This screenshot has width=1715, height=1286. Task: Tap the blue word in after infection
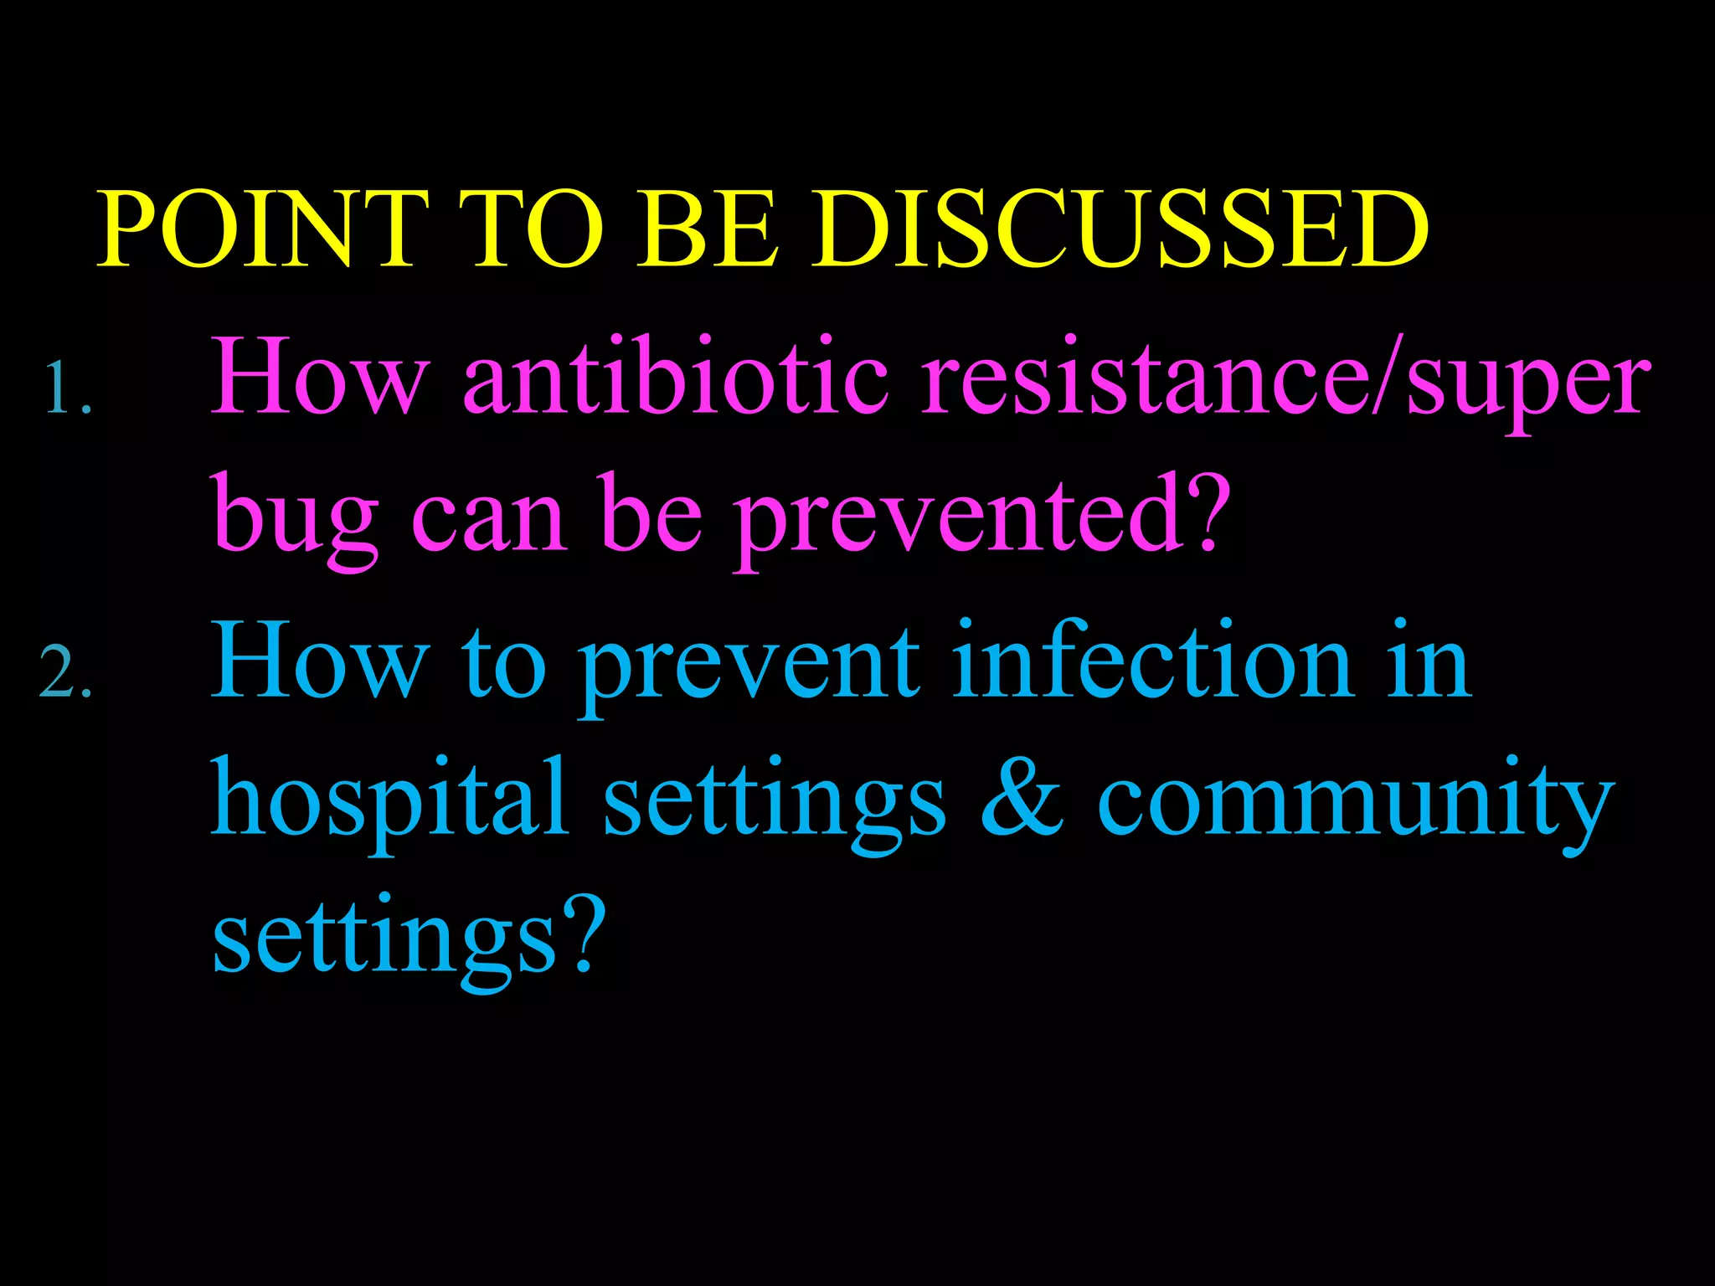click(x=1428, y=661)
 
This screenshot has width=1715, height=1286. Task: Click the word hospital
click(x=389, y=800)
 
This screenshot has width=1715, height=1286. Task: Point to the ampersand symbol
click(x=1021, y=800)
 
